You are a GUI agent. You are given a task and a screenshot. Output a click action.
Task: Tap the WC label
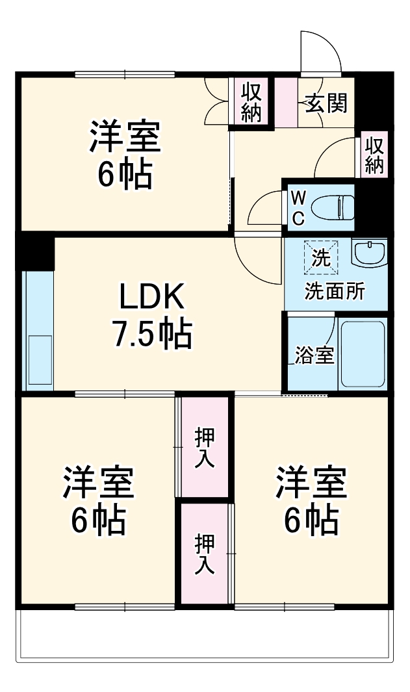tap(298, 207)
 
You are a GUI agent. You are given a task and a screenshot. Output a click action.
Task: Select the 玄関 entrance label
tap(326, 103)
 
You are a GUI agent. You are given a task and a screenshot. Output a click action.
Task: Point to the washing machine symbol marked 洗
tap(320, 257)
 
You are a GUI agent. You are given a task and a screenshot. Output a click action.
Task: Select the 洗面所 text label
tap(335, 291)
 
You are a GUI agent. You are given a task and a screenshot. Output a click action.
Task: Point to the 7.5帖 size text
tap(152, 334)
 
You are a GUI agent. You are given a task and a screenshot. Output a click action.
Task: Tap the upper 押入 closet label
tap(205, 448)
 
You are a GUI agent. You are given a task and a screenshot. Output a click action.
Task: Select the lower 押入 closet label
tap(205, 552)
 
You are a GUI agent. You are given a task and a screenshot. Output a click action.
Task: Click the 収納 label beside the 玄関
tap(251, 101)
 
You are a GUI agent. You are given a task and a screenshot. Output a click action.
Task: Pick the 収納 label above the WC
tap(374, 155)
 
